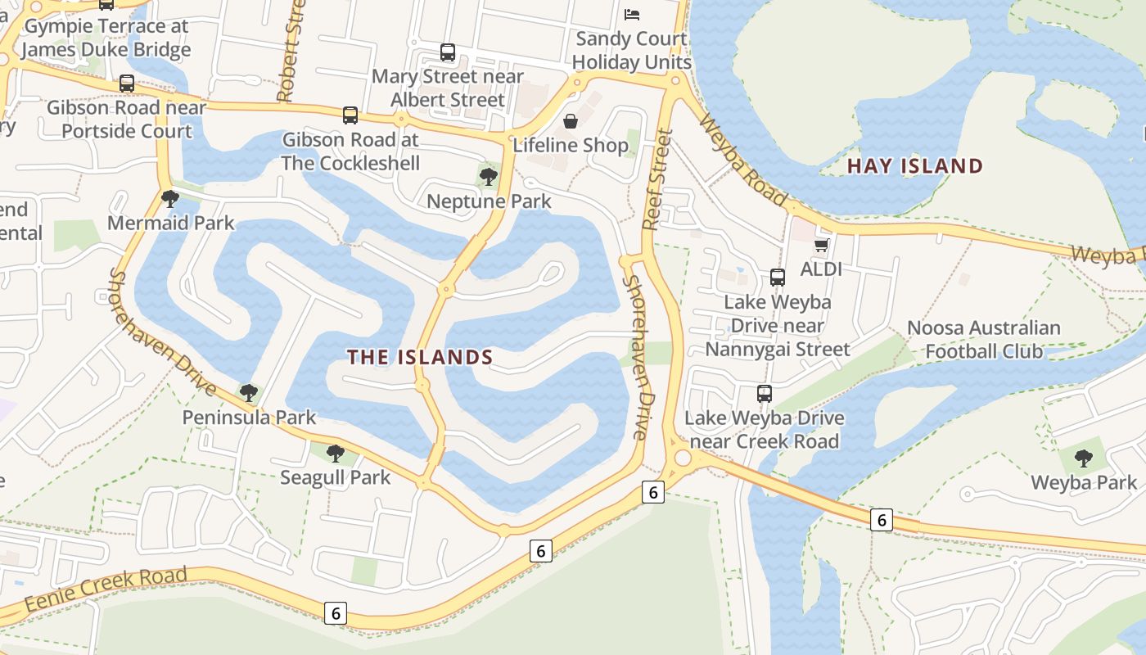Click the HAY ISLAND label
[x=914, y=166]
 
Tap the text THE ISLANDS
[x=420, y=357]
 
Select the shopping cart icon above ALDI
[x=822, y=245]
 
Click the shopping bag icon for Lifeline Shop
[x=571, y=121]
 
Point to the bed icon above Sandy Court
[x=632, y=14]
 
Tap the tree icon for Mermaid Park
[x=170, y=198]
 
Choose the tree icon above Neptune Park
[x=489, y=175]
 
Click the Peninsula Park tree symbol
[x=249, y=393]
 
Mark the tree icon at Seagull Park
[x=335, y=453]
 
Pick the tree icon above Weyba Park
[x=1084, y=458]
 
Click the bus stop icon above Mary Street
[x=448, y=52]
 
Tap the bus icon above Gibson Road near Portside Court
[x=127, y=84]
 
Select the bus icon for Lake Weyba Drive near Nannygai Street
[x=778, y=278]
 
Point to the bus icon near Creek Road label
[x=765, y=394]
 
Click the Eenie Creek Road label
[x=106, y=589]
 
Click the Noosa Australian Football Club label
[x=984, y=340]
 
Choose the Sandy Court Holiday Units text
[x=631, y=50]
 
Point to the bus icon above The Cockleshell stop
[x=350, y=115]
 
